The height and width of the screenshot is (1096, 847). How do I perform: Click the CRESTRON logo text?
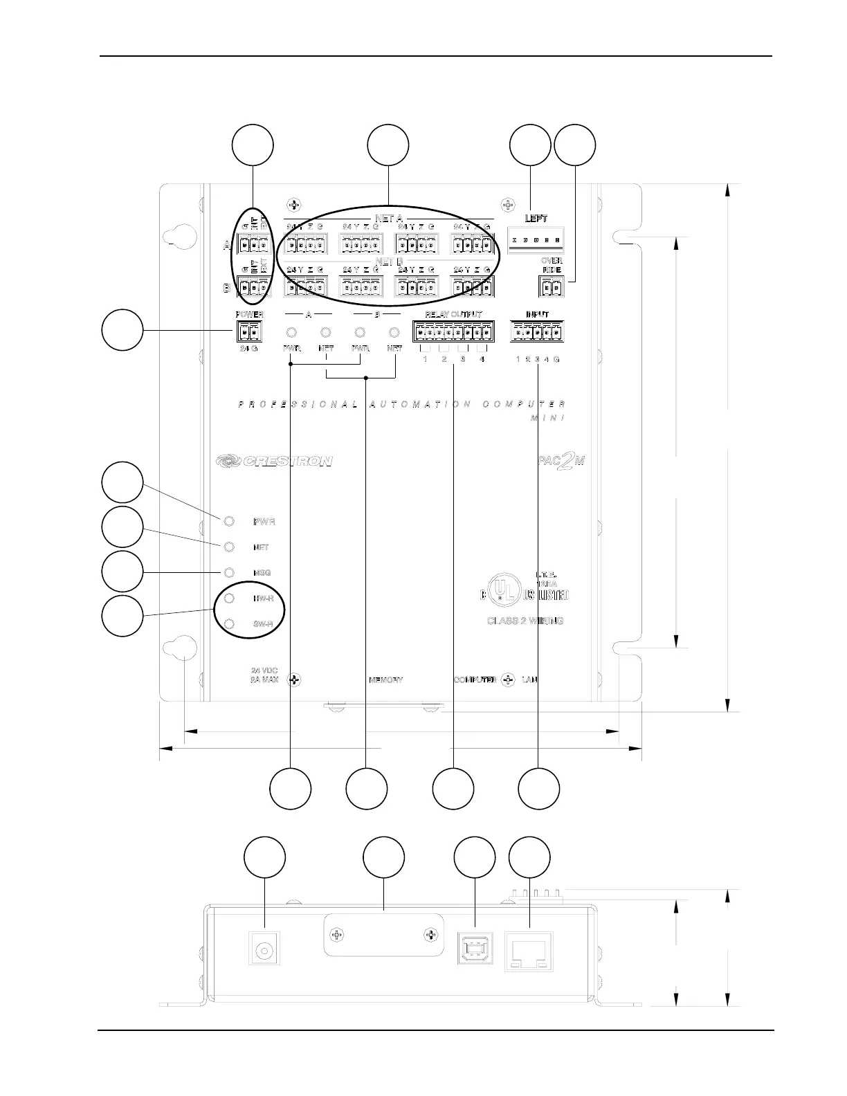274,461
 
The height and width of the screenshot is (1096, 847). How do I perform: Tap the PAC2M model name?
561,461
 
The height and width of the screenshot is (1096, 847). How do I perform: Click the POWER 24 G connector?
249,333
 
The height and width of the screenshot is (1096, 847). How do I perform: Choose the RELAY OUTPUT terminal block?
453,333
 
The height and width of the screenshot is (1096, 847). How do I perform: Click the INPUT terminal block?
537,333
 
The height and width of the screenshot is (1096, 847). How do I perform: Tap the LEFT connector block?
536,239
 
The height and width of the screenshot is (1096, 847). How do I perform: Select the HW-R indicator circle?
230,598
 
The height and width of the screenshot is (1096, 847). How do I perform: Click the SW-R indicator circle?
230,623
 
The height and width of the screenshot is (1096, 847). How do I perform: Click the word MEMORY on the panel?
386,680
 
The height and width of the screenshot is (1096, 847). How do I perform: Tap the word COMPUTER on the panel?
475,680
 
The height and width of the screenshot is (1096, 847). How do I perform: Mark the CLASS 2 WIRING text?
525,621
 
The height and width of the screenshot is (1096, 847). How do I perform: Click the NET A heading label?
389,219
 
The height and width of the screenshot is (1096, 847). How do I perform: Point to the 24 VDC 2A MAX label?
264,675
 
